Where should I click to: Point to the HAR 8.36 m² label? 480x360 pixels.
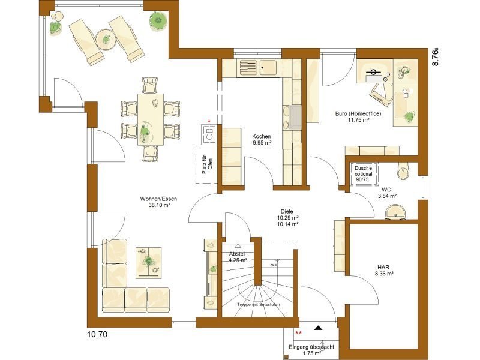(385, 270)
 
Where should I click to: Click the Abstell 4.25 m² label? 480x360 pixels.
(238, 257)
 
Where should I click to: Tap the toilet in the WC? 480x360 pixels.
(404, 171)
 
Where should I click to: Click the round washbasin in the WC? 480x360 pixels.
(395, 211)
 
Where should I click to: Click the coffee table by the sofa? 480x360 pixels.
(148, 262)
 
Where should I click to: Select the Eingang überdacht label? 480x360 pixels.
(311, 350)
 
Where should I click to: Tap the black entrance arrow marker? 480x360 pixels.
(319, 328)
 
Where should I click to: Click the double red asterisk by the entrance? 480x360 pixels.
(298, 332)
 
